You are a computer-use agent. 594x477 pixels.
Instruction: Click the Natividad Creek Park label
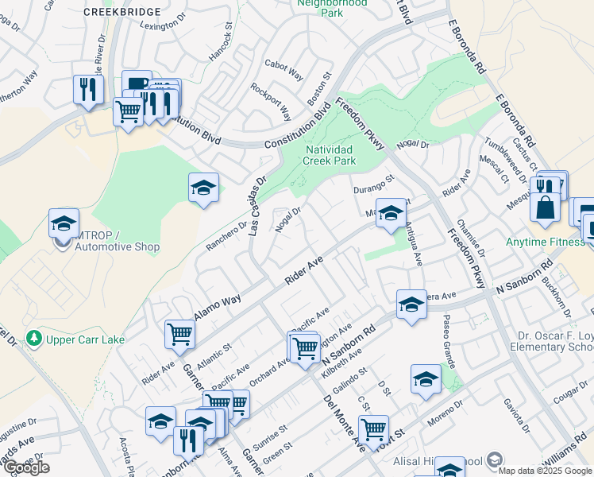(329, 154)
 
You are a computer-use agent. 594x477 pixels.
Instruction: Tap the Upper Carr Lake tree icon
(34, 339)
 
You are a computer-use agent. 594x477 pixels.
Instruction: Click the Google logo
(26, 467)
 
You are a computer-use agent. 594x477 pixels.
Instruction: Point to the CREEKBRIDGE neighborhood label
(121, 13)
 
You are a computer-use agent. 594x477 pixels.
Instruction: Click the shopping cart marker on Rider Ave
(180, 334)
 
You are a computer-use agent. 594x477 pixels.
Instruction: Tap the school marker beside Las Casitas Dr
(204, 189)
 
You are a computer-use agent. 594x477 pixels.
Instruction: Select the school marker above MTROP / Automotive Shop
(64, 223)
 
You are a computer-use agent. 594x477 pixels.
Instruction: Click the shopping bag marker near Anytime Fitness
(546, 208)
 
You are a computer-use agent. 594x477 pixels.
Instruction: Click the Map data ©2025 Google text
(546, 471)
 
